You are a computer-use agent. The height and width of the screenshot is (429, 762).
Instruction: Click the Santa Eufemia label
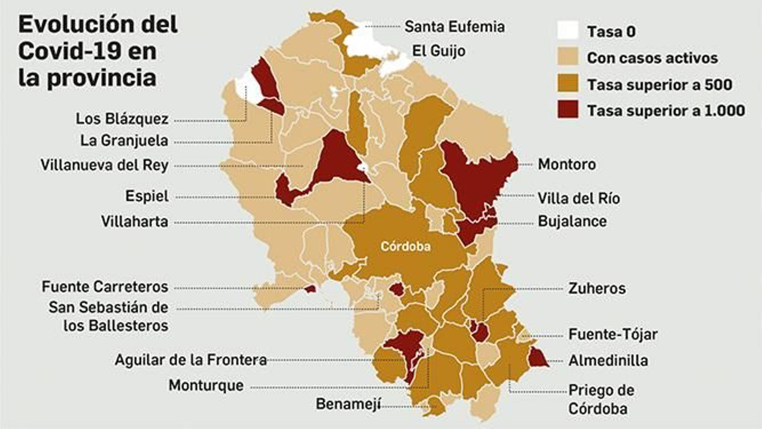tap(454, 27)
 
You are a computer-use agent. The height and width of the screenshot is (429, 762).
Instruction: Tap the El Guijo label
tap(439, 51)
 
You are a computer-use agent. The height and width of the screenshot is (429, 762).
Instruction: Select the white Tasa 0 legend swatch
tap(568, 31)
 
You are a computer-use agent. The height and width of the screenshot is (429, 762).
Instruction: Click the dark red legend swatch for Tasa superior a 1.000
tap(568, 110)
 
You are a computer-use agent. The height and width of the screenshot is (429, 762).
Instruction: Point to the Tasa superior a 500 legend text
tap(659, 84)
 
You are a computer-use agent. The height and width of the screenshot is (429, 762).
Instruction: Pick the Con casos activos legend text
tap(652, 58)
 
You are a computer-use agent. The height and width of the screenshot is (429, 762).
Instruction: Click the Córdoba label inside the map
tap(405, 246)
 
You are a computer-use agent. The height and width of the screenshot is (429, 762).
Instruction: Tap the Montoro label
tap(567, 164)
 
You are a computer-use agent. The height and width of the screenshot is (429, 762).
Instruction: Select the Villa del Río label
tap(579, 198)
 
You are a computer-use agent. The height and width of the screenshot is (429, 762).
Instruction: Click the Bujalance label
tap(572, 221)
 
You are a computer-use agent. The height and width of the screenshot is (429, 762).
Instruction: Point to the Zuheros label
tap(597, 288)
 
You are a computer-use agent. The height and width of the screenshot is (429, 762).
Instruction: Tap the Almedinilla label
tap(608, 360)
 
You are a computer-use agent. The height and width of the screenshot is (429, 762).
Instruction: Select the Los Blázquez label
tap(122, 119)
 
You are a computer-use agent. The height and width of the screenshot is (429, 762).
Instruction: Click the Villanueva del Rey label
tap(104, 165)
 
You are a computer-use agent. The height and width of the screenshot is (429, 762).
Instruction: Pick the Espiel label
tap(147, 196)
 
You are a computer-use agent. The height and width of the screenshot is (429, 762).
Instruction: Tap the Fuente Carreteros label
tap(105, 286)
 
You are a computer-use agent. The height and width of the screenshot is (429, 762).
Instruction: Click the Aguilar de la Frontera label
tap(190, 360)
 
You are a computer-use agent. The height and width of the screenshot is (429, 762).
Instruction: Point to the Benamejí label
tap(348, 404)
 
